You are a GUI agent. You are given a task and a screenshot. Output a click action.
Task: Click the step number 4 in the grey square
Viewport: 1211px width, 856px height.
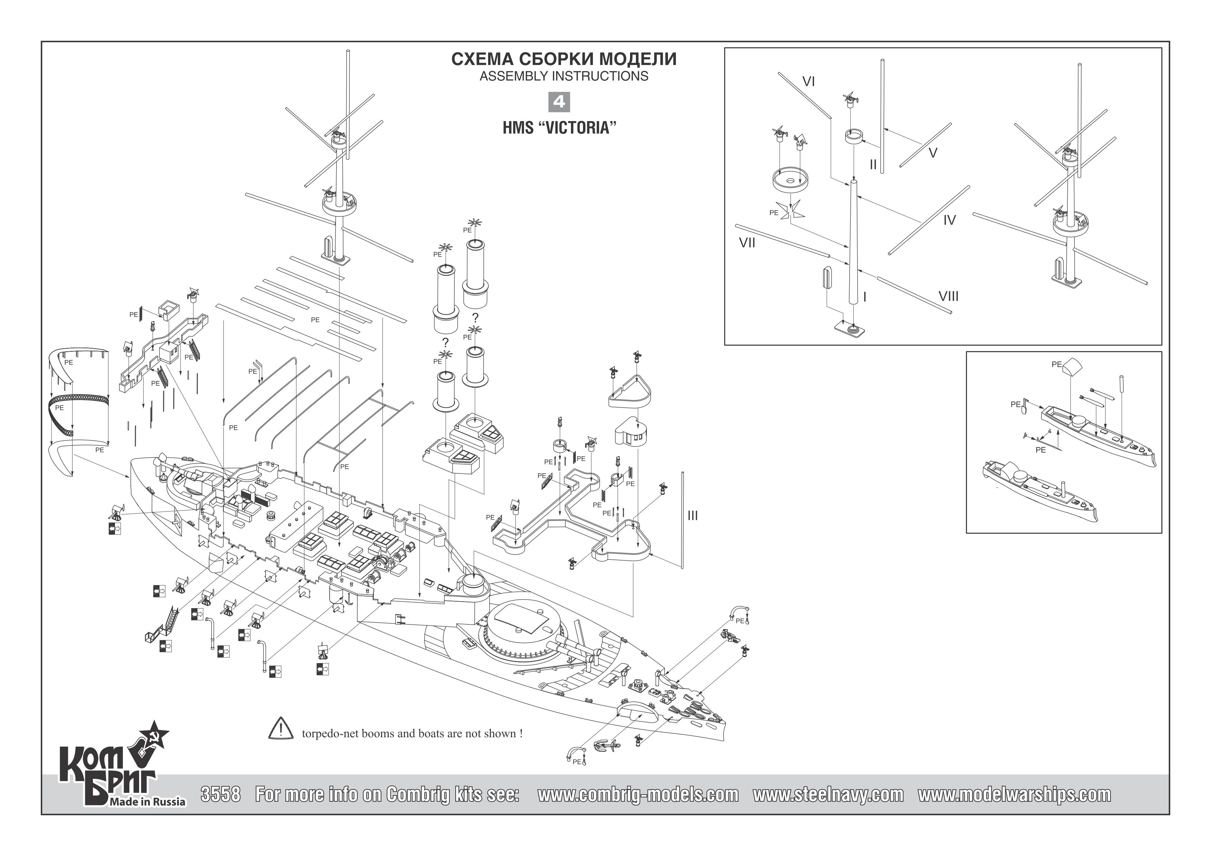[x=559, y=101]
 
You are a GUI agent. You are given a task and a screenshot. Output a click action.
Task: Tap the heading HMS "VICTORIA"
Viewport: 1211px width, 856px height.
[x=559, y=128]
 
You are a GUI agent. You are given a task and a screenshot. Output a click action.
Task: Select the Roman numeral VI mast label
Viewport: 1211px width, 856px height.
[x=808, y=82]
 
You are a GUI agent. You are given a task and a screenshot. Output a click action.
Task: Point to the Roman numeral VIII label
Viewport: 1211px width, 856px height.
[x=948, y=296]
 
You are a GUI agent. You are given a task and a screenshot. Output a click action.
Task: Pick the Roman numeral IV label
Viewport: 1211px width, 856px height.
[x=949, y=221]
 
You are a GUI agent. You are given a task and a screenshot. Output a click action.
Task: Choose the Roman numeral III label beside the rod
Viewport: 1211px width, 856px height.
[x=692, y=516]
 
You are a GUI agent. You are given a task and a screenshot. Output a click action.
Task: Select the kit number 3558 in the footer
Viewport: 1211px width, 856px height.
[x=221, y=794]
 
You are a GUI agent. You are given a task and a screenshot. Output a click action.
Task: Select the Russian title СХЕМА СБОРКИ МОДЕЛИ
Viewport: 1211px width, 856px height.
[x=564, y=59]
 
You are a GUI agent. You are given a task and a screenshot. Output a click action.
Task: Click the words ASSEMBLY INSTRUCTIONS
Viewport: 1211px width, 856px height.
[x=564, y=76]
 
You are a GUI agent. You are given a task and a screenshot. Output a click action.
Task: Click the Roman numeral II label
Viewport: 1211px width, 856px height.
[x=873, y=165]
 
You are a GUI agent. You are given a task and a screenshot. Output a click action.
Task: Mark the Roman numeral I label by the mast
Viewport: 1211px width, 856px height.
[x=865, y=298]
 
